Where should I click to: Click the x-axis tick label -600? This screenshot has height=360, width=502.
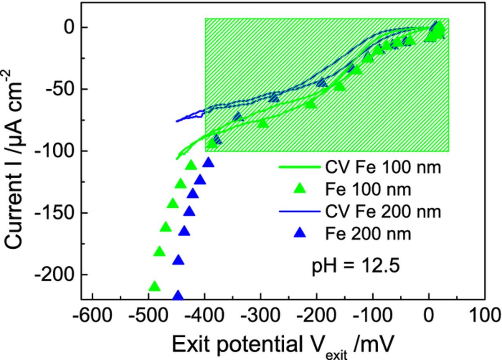92,315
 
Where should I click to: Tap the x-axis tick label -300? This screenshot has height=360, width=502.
260,315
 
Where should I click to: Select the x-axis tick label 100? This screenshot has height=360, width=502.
485,315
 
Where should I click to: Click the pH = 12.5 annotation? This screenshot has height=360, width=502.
355,265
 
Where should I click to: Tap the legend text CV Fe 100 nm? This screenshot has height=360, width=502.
383,167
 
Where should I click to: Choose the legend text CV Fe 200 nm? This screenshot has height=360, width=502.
383,212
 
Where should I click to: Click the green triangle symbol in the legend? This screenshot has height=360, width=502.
300,189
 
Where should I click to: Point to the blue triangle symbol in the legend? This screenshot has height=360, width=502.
300,233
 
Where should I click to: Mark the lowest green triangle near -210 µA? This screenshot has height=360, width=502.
155,286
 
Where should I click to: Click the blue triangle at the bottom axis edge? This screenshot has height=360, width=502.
178,296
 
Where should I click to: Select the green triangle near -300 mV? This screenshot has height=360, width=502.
263,123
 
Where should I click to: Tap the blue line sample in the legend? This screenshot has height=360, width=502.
300,212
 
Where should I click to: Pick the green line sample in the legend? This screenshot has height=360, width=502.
300,167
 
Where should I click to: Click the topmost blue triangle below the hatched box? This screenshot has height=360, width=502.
209,162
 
